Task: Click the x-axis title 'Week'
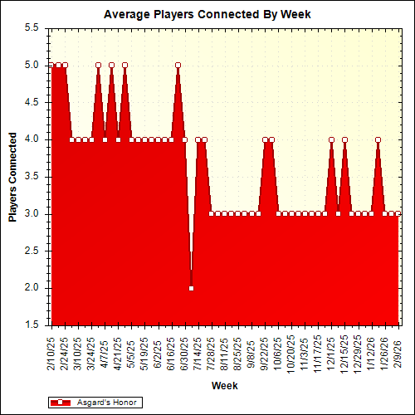[224, 385]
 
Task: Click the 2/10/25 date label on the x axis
[52, 353]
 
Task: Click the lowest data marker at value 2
[191, 288]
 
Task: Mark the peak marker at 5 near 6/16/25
[178, 65]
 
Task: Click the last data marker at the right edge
[398, 213]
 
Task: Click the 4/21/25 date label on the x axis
[119, 353]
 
